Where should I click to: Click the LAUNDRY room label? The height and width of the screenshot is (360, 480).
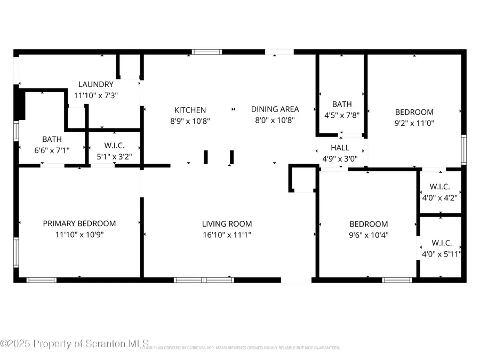96,84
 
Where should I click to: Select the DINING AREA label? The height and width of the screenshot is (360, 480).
275,109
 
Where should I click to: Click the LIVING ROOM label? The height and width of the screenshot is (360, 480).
227,224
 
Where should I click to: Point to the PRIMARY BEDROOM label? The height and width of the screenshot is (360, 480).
79,223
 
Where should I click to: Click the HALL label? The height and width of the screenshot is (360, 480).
340,148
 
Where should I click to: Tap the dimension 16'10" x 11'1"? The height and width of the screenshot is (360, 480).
227,234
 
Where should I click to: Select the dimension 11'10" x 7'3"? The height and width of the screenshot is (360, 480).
96,95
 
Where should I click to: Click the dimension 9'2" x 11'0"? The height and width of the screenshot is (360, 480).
414,123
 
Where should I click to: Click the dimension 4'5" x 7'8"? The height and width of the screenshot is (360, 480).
342,115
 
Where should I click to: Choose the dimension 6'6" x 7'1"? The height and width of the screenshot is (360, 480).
52,151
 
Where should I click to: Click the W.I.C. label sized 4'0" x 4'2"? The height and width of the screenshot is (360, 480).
440,187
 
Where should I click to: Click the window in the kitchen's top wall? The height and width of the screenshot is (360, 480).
207,52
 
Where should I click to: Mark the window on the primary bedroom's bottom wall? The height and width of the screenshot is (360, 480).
42,279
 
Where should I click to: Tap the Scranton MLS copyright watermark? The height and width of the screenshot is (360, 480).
75,343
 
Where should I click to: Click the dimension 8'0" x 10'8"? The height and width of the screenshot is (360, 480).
275,120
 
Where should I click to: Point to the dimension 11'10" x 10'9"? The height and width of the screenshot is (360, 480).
79,234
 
